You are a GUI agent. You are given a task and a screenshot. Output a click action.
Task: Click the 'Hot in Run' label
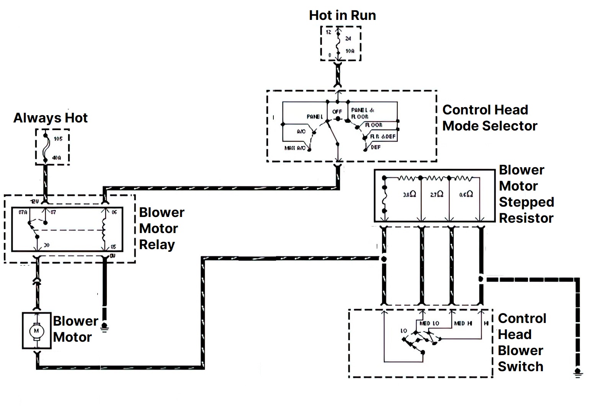tap(342, 15)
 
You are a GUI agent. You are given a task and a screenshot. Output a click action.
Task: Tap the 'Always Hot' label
tap(51, 118)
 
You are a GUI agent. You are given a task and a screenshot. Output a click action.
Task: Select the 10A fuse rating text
tap(350, 51)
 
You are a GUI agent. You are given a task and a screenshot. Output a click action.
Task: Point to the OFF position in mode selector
tap(337, 112)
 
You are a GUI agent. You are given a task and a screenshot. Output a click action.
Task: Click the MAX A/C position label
tap(295, 148)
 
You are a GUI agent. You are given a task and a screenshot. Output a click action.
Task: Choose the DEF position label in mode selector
tap(376, 147)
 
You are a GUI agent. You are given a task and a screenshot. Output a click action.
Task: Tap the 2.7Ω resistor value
tap(436, 194)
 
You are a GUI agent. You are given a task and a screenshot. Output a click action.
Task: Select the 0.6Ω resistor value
tap(466, 194)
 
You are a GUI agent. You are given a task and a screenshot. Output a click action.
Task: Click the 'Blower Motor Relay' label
tap(161, 228)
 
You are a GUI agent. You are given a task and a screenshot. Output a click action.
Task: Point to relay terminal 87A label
tap(23, 212)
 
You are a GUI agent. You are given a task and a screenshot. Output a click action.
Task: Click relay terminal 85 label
tap(113, 247)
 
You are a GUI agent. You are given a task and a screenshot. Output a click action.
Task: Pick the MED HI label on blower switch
tap(463, 323)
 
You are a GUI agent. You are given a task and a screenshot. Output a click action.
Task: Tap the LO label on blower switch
tap(404, 331)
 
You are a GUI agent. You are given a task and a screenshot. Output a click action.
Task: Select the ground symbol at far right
tap(578, 372)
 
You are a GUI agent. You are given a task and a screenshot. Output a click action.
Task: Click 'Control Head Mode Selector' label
tap(489, 118)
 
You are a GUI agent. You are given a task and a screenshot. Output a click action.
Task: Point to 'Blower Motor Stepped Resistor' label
tap(526, 194)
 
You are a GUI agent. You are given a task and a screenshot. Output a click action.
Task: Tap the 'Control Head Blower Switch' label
tap(521, 342)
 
